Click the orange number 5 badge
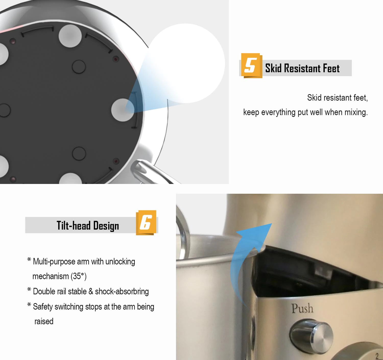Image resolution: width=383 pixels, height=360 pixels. [x=252, y=65]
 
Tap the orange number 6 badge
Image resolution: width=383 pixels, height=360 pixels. [x=146, y=223]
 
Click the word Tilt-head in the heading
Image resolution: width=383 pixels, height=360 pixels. [x=74, y=225]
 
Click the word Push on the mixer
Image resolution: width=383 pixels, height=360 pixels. [x=302, y=308]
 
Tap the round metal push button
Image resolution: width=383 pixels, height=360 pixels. [x=312, y=336]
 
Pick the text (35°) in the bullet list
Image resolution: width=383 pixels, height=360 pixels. [x=78, y=276]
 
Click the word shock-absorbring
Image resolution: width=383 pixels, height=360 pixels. [x=122, y=292]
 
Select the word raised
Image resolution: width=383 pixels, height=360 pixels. [x=44, y=322]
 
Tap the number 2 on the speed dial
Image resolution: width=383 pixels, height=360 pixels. [x=377, y=356]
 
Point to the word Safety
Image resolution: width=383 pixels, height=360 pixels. [x=43, y=307]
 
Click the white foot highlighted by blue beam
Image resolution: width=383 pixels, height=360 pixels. [x=123, y=110]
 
